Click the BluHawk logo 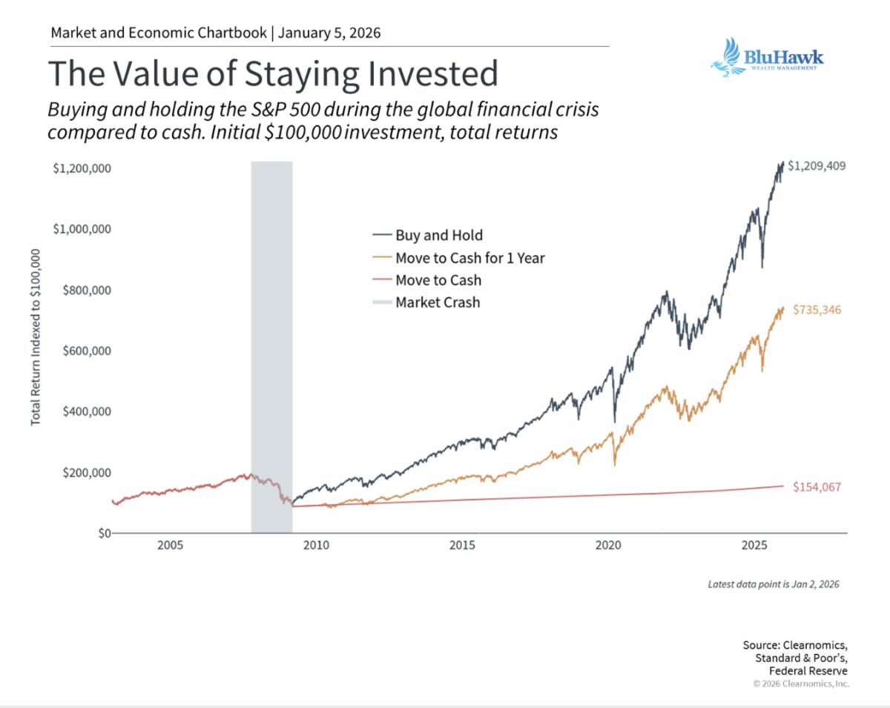(767, 58)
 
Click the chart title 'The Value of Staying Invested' (273, 73)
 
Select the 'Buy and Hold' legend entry (428, 235)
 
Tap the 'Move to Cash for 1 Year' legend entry (458, 258)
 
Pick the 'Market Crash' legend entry (426, 302)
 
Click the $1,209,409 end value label (817, 166)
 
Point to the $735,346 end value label (817, 310)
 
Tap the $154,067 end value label (817, 487)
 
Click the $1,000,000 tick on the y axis (82, 229)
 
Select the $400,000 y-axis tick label (87, 411)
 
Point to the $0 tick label (105, 534)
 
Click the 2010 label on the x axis (316, 545)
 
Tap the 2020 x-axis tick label (608, 545)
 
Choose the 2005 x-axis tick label (170, 545)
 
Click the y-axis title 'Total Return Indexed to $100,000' (36, 337)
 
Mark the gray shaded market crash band (271, 347)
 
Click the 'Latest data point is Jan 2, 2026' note (774, 584)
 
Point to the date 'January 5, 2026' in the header (329, 33)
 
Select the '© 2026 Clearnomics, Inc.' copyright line (801, 684)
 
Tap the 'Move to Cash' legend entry (426, 280)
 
